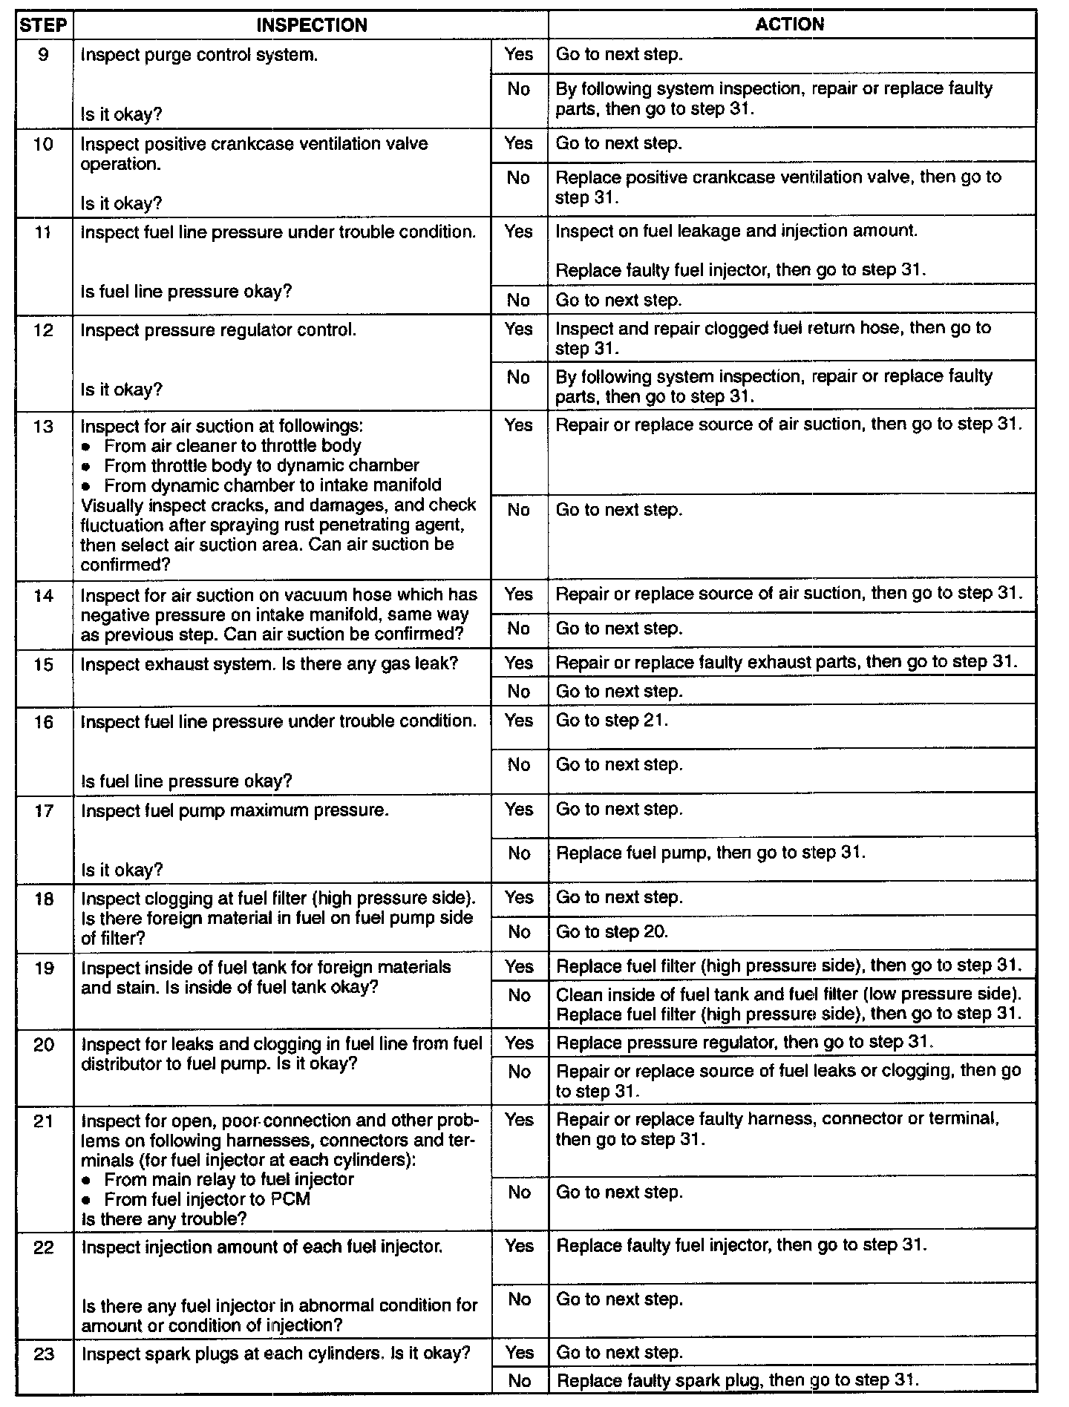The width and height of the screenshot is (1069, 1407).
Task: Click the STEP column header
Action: [x=44, y=25]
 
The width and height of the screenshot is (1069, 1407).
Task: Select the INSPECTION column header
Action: [x=312, y=25]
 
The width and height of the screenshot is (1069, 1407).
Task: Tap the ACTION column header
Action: [x=790, y=24]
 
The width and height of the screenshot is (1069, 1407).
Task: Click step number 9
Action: [x=44, y=55]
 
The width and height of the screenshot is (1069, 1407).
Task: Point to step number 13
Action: [x=44, y=426]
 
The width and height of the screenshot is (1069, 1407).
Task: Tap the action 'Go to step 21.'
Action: [x=612, y=721]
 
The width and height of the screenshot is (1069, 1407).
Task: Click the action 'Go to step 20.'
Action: [x=612, y=932]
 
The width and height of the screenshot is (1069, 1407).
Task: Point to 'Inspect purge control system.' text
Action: [x=199, y=55]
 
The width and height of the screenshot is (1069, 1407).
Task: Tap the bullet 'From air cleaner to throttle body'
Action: [x=232, y=446]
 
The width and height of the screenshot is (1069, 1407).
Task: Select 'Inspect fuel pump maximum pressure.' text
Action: [x=235, y=810]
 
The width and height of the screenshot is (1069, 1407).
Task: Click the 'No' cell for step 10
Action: [x=519, y=178]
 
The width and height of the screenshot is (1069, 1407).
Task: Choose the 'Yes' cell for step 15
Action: [x=519, y=662]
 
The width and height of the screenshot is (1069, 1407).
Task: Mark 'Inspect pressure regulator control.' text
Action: [x=218, y=330]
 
